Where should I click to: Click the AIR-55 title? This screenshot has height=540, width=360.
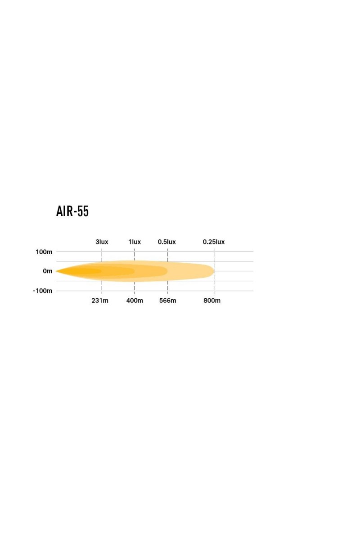tap(72, 211)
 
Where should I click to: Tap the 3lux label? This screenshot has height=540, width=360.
tap(102, 242)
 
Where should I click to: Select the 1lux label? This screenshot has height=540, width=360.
tap(135, 242)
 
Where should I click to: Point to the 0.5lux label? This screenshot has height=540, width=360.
tap(166, 242)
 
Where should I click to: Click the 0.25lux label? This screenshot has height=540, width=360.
tap(214, 242)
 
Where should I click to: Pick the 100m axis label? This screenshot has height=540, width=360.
tap(44, 252)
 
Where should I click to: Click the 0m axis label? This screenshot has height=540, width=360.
tap(48, 271)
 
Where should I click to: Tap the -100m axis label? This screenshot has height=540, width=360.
tap(42, 291)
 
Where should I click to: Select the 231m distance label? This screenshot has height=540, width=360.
tap(100, 301)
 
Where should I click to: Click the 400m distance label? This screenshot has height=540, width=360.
tap(135, 301)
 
